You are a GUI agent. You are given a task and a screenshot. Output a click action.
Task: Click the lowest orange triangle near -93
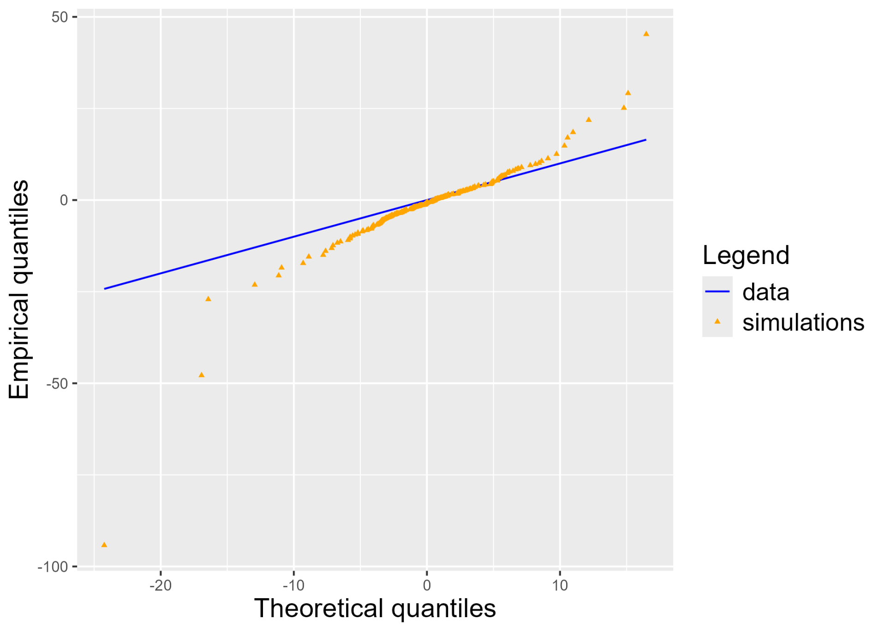pos(104,545)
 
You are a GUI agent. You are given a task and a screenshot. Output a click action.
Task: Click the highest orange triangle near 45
pos(646,34)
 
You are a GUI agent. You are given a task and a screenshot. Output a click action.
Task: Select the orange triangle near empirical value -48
pos(201,375)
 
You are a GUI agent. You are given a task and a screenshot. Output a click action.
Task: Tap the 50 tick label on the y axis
pos(60,17)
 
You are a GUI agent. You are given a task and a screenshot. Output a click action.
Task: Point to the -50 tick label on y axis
pos(57,384)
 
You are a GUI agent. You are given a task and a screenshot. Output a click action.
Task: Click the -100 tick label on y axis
pos(53,567)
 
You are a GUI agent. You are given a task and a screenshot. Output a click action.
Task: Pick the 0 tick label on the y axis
pos(64,200)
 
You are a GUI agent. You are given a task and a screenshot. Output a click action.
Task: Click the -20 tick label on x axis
pos(161,586)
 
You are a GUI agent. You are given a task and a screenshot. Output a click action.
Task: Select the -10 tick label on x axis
pos(293,586)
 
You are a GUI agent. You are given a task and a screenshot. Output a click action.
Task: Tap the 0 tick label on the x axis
pos(427,586)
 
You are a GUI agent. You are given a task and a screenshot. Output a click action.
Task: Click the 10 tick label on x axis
pos(560,586)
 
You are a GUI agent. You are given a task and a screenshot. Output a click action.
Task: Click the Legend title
pos(746,255)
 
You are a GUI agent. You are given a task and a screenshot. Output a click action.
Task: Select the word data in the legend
pos(765,292)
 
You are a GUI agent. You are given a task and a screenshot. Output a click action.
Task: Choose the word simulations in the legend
pos(803,322)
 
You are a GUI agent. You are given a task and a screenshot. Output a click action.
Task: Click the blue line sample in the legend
pos(717,292)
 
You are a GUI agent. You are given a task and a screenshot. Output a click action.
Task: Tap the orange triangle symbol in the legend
pos(717,321)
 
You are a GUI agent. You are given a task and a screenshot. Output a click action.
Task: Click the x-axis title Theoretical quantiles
pos(375,608)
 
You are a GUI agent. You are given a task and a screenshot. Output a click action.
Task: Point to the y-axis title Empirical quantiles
pos(19,289)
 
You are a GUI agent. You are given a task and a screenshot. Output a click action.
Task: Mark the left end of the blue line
pos(105,289)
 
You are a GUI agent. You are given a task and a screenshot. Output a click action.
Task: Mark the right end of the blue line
pos(646,139)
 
